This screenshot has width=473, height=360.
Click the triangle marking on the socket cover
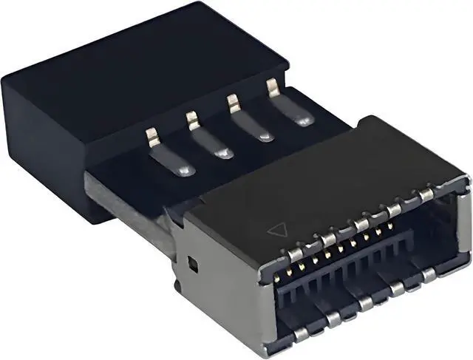(275, 230)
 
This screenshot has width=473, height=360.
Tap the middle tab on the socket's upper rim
(361, 224)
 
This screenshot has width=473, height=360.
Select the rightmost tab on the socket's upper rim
(426, 194)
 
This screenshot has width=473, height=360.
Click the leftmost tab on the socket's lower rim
(301, 333)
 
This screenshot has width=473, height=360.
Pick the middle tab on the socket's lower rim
(365, 302)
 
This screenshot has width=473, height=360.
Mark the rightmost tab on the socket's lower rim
(429, 274)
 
